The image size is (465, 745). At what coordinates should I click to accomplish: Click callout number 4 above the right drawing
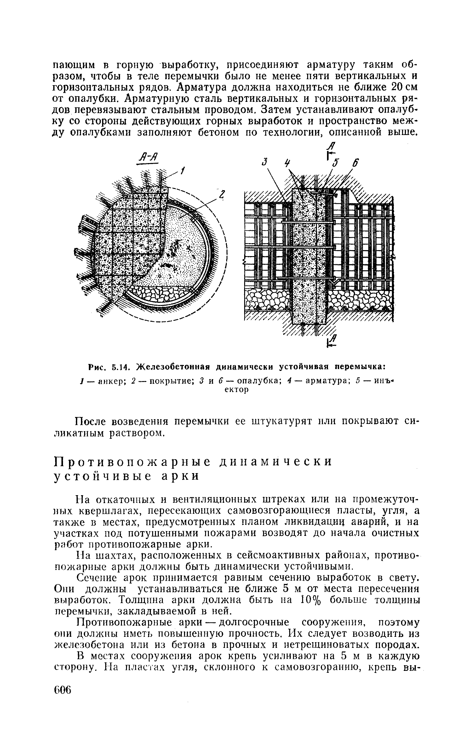click(x=287, y=164)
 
